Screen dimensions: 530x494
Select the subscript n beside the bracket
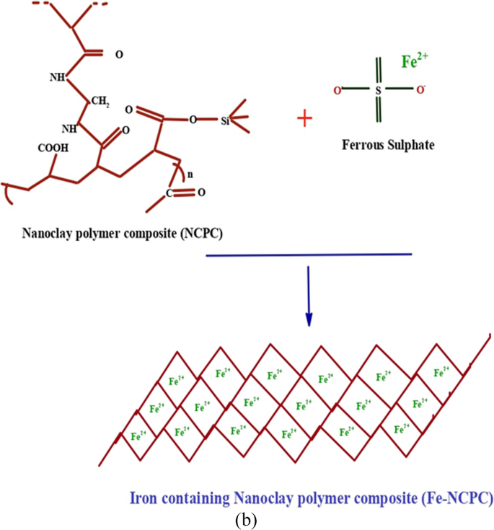coord(189,175)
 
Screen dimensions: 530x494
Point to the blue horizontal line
coord(309,255)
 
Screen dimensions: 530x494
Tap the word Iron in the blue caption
coord(143,498)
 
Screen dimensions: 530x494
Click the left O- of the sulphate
coord(335,91)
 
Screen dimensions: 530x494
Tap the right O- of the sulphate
coord(420,91)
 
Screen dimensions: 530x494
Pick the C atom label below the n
coord(169,193)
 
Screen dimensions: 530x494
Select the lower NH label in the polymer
coord(69,128)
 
